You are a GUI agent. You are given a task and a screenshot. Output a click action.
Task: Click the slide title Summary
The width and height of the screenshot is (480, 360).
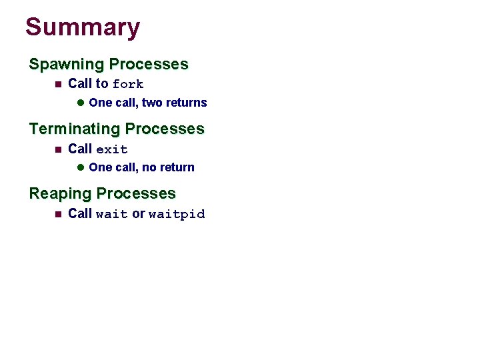[83, 28]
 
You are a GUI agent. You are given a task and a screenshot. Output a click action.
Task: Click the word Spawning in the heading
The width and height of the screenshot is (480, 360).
[67, 65]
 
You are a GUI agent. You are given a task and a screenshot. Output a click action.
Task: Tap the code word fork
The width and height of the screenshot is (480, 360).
[128, 85]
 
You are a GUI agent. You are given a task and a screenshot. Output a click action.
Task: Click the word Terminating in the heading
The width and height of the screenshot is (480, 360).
[75, 129]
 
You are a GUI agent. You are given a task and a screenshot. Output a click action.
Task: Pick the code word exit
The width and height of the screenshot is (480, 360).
[112, 149]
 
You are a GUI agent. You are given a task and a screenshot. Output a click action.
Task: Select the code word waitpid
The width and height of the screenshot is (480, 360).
[177, 215]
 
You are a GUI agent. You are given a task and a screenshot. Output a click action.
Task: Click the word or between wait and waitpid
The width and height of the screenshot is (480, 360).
[138, 214]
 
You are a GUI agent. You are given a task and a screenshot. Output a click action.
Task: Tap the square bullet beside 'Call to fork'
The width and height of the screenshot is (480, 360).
[57, 84]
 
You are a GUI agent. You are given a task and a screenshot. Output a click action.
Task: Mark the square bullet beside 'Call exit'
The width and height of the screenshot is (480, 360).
[57, 149]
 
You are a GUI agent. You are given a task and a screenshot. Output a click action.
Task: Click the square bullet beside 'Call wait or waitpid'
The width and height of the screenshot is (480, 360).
[57, 214]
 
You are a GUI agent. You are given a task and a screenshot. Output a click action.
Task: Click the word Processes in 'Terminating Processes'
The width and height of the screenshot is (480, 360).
[165, 129]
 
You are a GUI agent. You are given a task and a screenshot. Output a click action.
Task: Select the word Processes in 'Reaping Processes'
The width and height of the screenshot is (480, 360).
[136, 194]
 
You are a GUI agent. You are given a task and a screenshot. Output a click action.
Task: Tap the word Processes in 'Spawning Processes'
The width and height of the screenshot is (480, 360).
[149, 65]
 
